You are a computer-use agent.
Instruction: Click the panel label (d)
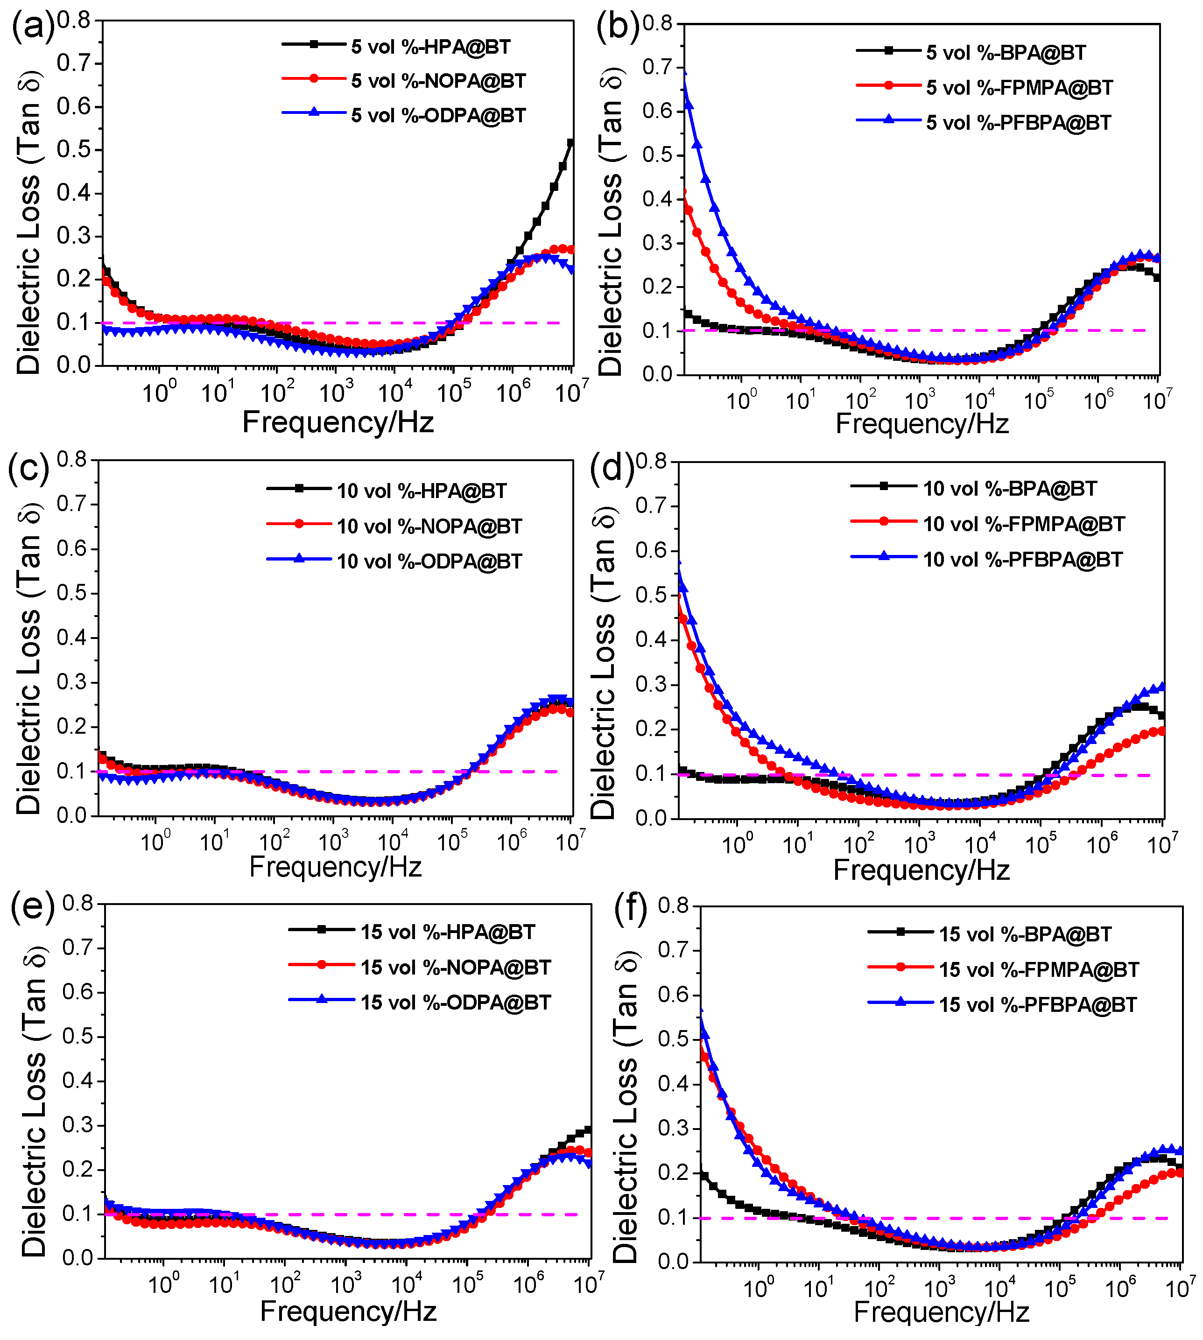(x=612, y=468)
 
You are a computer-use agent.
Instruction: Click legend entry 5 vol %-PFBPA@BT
(x=1018, y=123)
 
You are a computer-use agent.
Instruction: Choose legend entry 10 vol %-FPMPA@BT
(x=1023, y=524)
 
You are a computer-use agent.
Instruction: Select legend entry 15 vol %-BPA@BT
(x=1025, y=934)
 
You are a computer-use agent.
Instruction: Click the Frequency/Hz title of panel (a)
(x=338, y=421)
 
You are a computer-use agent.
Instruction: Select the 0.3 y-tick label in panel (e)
(x=79, y=1125)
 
